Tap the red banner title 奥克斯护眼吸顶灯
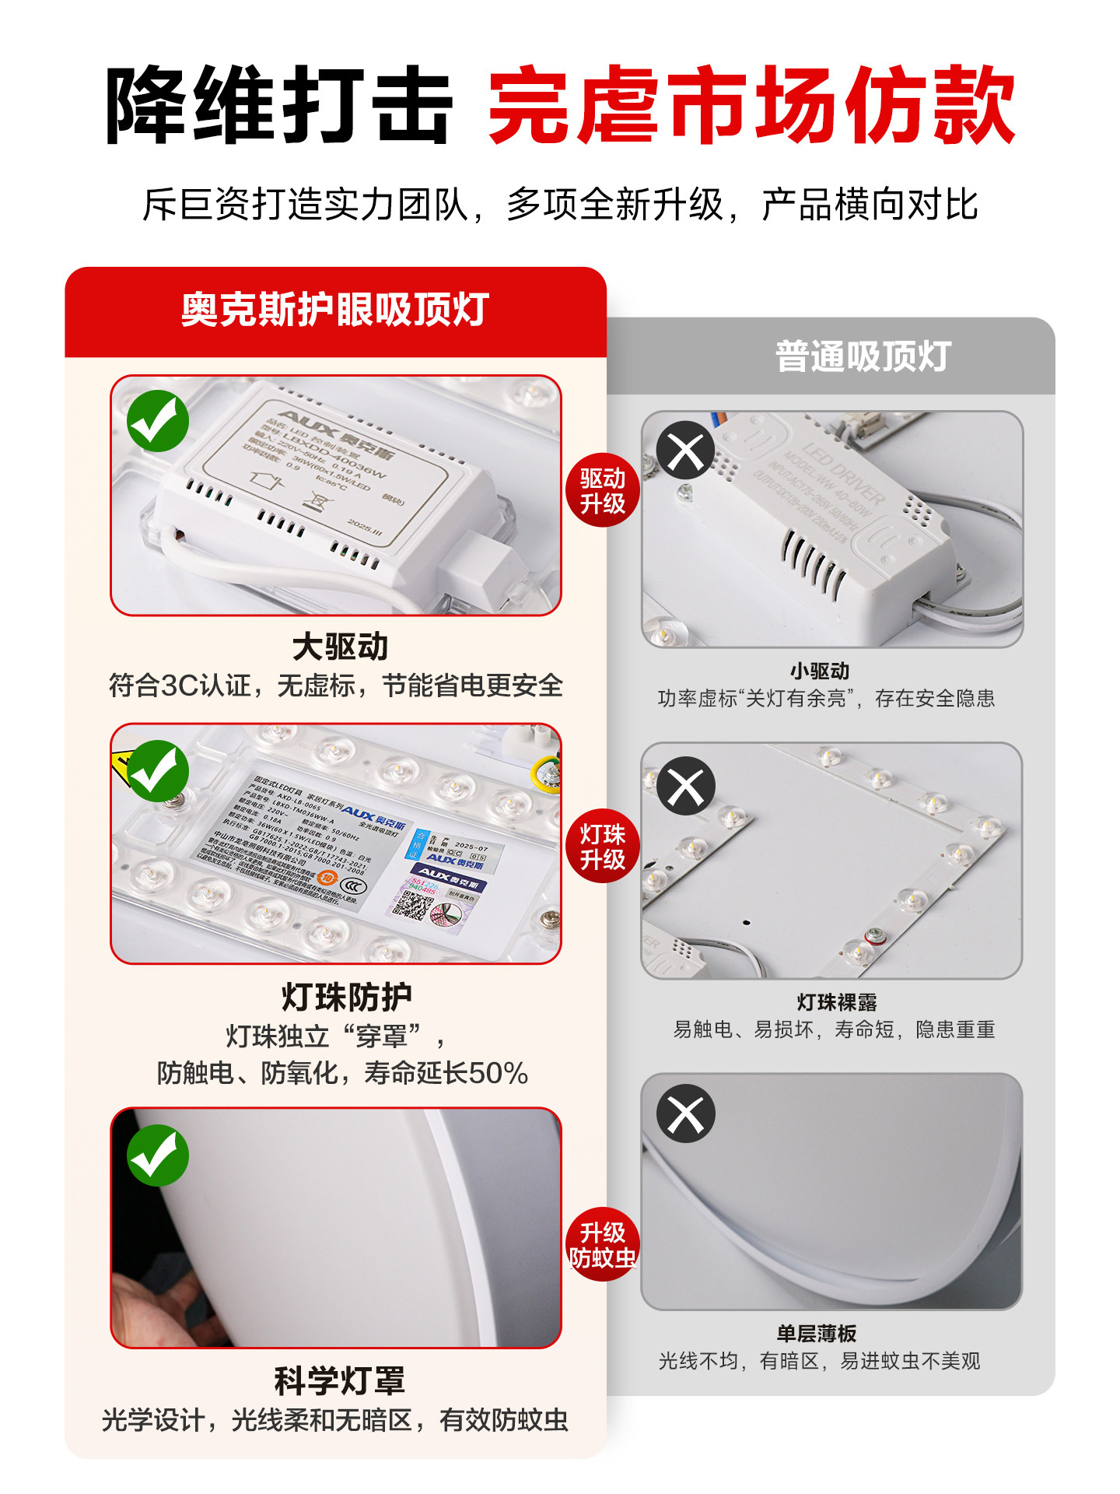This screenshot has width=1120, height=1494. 335,310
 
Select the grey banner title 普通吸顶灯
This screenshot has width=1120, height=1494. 863,356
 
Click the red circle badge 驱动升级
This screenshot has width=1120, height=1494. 602,490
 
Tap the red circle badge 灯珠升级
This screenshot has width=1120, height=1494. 602,847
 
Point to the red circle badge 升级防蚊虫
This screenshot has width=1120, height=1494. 602,1244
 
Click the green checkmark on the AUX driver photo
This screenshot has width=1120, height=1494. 158,421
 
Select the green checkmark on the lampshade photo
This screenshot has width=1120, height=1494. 158,1156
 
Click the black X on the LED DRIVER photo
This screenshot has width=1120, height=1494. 685,451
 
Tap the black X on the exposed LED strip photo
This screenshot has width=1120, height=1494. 685,786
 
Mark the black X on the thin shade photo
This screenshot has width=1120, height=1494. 685,1113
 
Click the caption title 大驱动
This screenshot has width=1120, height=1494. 340,647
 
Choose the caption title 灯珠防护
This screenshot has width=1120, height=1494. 346,997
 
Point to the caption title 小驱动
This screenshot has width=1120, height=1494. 820,671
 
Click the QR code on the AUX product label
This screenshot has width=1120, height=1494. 413,906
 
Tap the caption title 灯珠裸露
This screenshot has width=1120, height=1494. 837,1002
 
